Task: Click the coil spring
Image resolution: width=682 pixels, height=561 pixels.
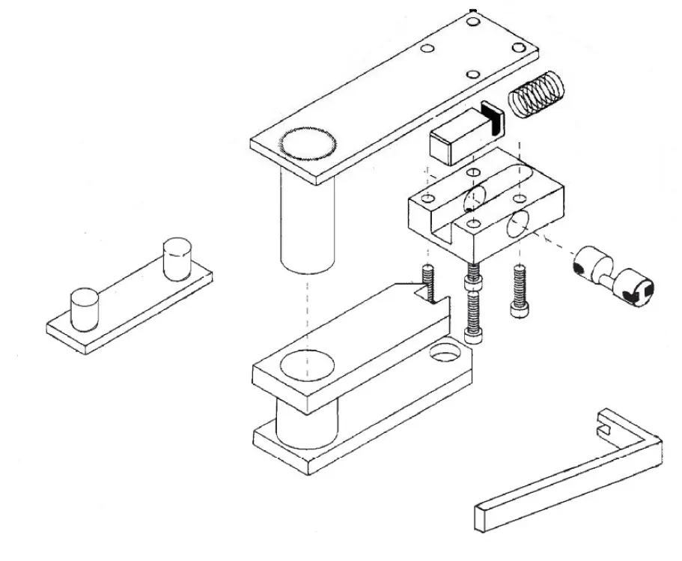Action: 537,97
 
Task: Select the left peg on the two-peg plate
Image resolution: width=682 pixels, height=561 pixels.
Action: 84,308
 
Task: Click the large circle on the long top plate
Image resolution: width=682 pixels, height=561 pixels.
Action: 307,145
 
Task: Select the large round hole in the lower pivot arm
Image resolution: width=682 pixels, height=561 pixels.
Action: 306,365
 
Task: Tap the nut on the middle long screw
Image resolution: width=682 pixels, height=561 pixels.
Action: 472,285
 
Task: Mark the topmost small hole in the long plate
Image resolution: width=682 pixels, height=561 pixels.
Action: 472,20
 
